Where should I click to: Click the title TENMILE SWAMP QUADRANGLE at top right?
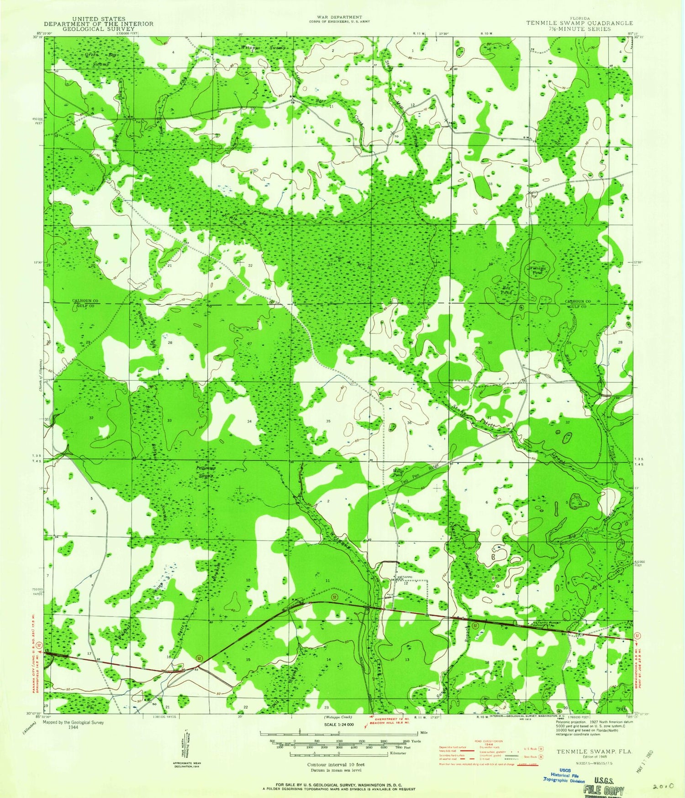click(x=579, y=23)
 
